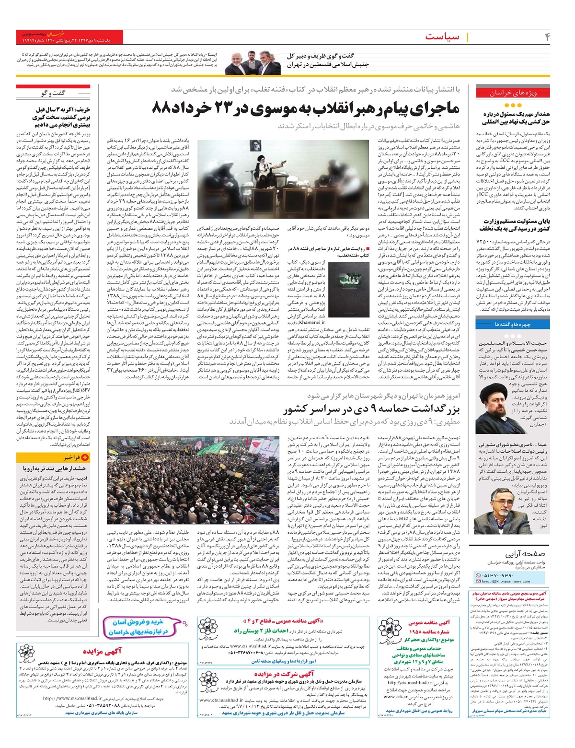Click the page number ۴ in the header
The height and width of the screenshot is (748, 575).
point(547,37)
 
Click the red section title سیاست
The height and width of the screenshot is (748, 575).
point(442,37)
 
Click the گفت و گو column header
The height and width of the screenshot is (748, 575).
point(53,93)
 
